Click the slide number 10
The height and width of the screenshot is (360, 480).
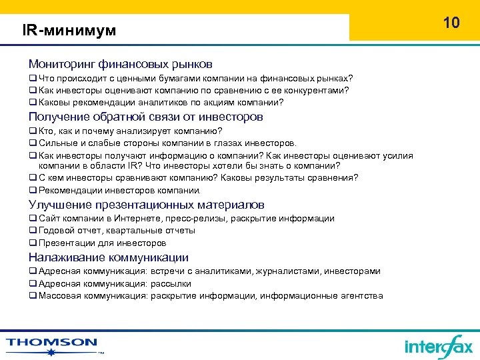[451, 23]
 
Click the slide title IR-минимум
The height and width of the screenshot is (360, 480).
[69, 31]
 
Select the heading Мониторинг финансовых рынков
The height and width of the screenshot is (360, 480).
[121, 65]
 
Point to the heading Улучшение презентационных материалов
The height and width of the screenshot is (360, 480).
[147, 205]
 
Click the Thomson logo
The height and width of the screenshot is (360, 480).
[52, 343]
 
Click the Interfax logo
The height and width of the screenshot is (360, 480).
[438, 346]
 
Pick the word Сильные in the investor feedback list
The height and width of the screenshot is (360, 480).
[55, 143]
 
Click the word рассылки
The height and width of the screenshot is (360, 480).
[171, 283]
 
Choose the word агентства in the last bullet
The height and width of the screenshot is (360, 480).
[363, 295]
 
